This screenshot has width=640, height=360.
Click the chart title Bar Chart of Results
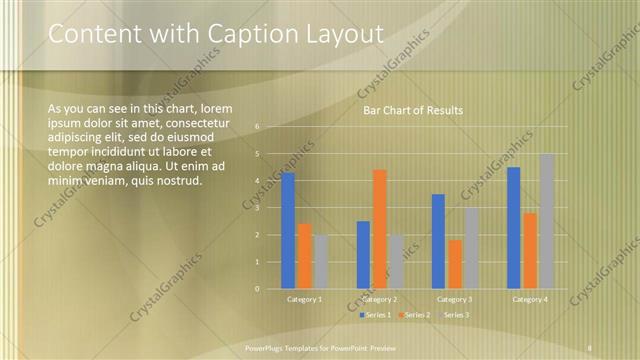point(412,110)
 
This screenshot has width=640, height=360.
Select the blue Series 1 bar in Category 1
point(288,230)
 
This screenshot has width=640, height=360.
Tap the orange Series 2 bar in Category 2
point(379,229)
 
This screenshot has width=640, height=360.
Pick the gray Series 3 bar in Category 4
point(546,221)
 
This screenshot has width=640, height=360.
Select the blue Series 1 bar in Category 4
point(514,227)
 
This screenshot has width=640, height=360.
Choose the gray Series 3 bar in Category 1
point(320,261)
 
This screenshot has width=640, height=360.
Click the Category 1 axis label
point(304,299)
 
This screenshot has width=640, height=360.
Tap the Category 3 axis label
point(454,299)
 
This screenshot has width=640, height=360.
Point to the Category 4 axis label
point(529,299)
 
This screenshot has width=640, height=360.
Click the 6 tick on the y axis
point(257,127)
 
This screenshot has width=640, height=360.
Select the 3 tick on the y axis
point(257,208)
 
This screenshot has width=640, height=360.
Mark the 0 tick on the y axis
point(257,289)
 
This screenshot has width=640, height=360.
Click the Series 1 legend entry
point(376,315)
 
